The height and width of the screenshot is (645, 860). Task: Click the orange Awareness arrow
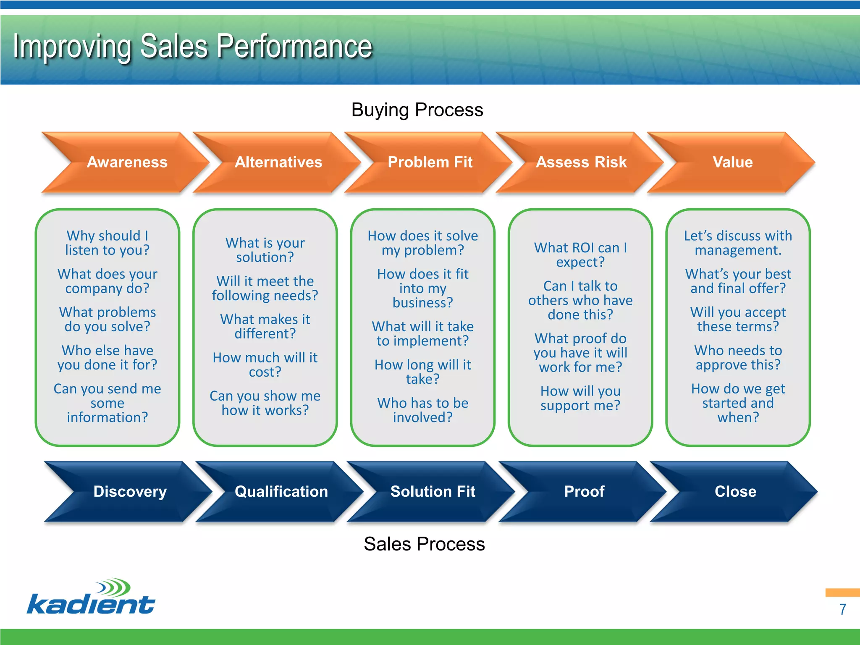tap(127, 162)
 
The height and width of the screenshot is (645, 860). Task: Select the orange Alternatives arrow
tap(278, 162)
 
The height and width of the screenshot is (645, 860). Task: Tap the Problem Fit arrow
tap(430, 162)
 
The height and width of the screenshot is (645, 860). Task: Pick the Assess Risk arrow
tap(581, 162)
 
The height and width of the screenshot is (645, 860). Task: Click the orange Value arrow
tap(733, 162)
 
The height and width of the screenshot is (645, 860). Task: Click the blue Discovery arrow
tap(130, 491)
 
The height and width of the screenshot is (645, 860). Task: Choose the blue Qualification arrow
tap(281, 491)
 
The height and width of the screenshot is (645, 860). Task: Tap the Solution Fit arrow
tap(433, 491)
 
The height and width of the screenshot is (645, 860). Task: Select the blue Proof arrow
tap(584, 491)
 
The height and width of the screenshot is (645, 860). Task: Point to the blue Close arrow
tap(735, 491)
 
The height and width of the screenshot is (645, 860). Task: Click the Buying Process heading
tap(417, 110)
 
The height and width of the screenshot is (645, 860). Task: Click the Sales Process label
tap(424, 544)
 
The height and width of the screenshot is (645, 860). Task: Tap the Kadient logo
tap(91, 597)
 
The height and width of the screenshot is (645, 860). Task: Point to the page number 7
tap(842, 609)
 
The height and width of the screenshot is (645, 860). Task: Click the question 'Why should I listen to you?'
tap(107, 243)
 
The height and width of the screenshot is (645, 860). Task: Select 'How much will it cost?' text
tap(265, 364)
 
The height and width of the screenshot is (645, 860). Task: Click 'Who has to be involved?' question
tap(423, 410)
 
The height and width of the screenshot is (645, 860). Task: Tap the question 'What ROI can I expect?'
tap(580, 254)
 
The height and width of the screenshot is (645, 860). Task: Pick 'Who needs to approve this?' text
tap(738, 357)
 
